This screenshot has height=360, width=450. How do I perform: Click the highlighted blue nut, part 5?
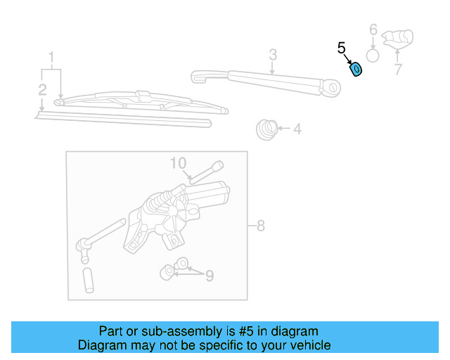(356, 68)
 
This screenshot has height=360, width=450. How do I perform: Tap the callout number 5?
(342, 49)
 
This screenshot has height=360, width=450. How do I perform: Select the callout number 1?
(51, 56)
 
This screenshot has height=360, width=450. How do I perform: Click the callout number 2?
(42, 89)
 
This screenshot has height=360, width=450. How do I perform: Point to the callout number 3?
(273, 54)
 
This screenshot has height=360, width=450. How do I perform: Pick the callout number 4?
(297, 129)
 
